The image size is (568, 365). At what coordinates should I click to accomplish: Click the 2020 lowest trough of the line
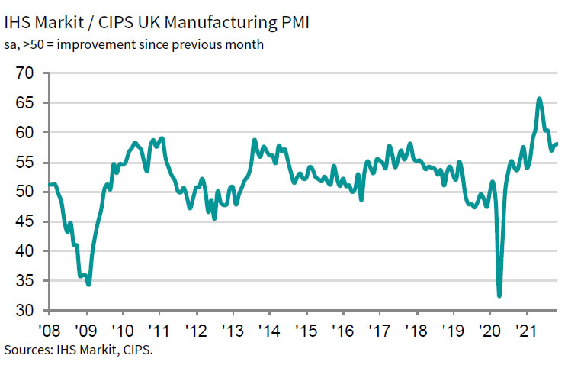click(x=499, y=296)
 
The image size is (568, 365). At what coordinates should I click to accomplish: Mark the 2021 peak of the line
click(x=539, y=99)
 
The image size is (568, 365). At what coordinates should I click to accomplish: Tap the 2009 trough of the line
click(x=88, y=284)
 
